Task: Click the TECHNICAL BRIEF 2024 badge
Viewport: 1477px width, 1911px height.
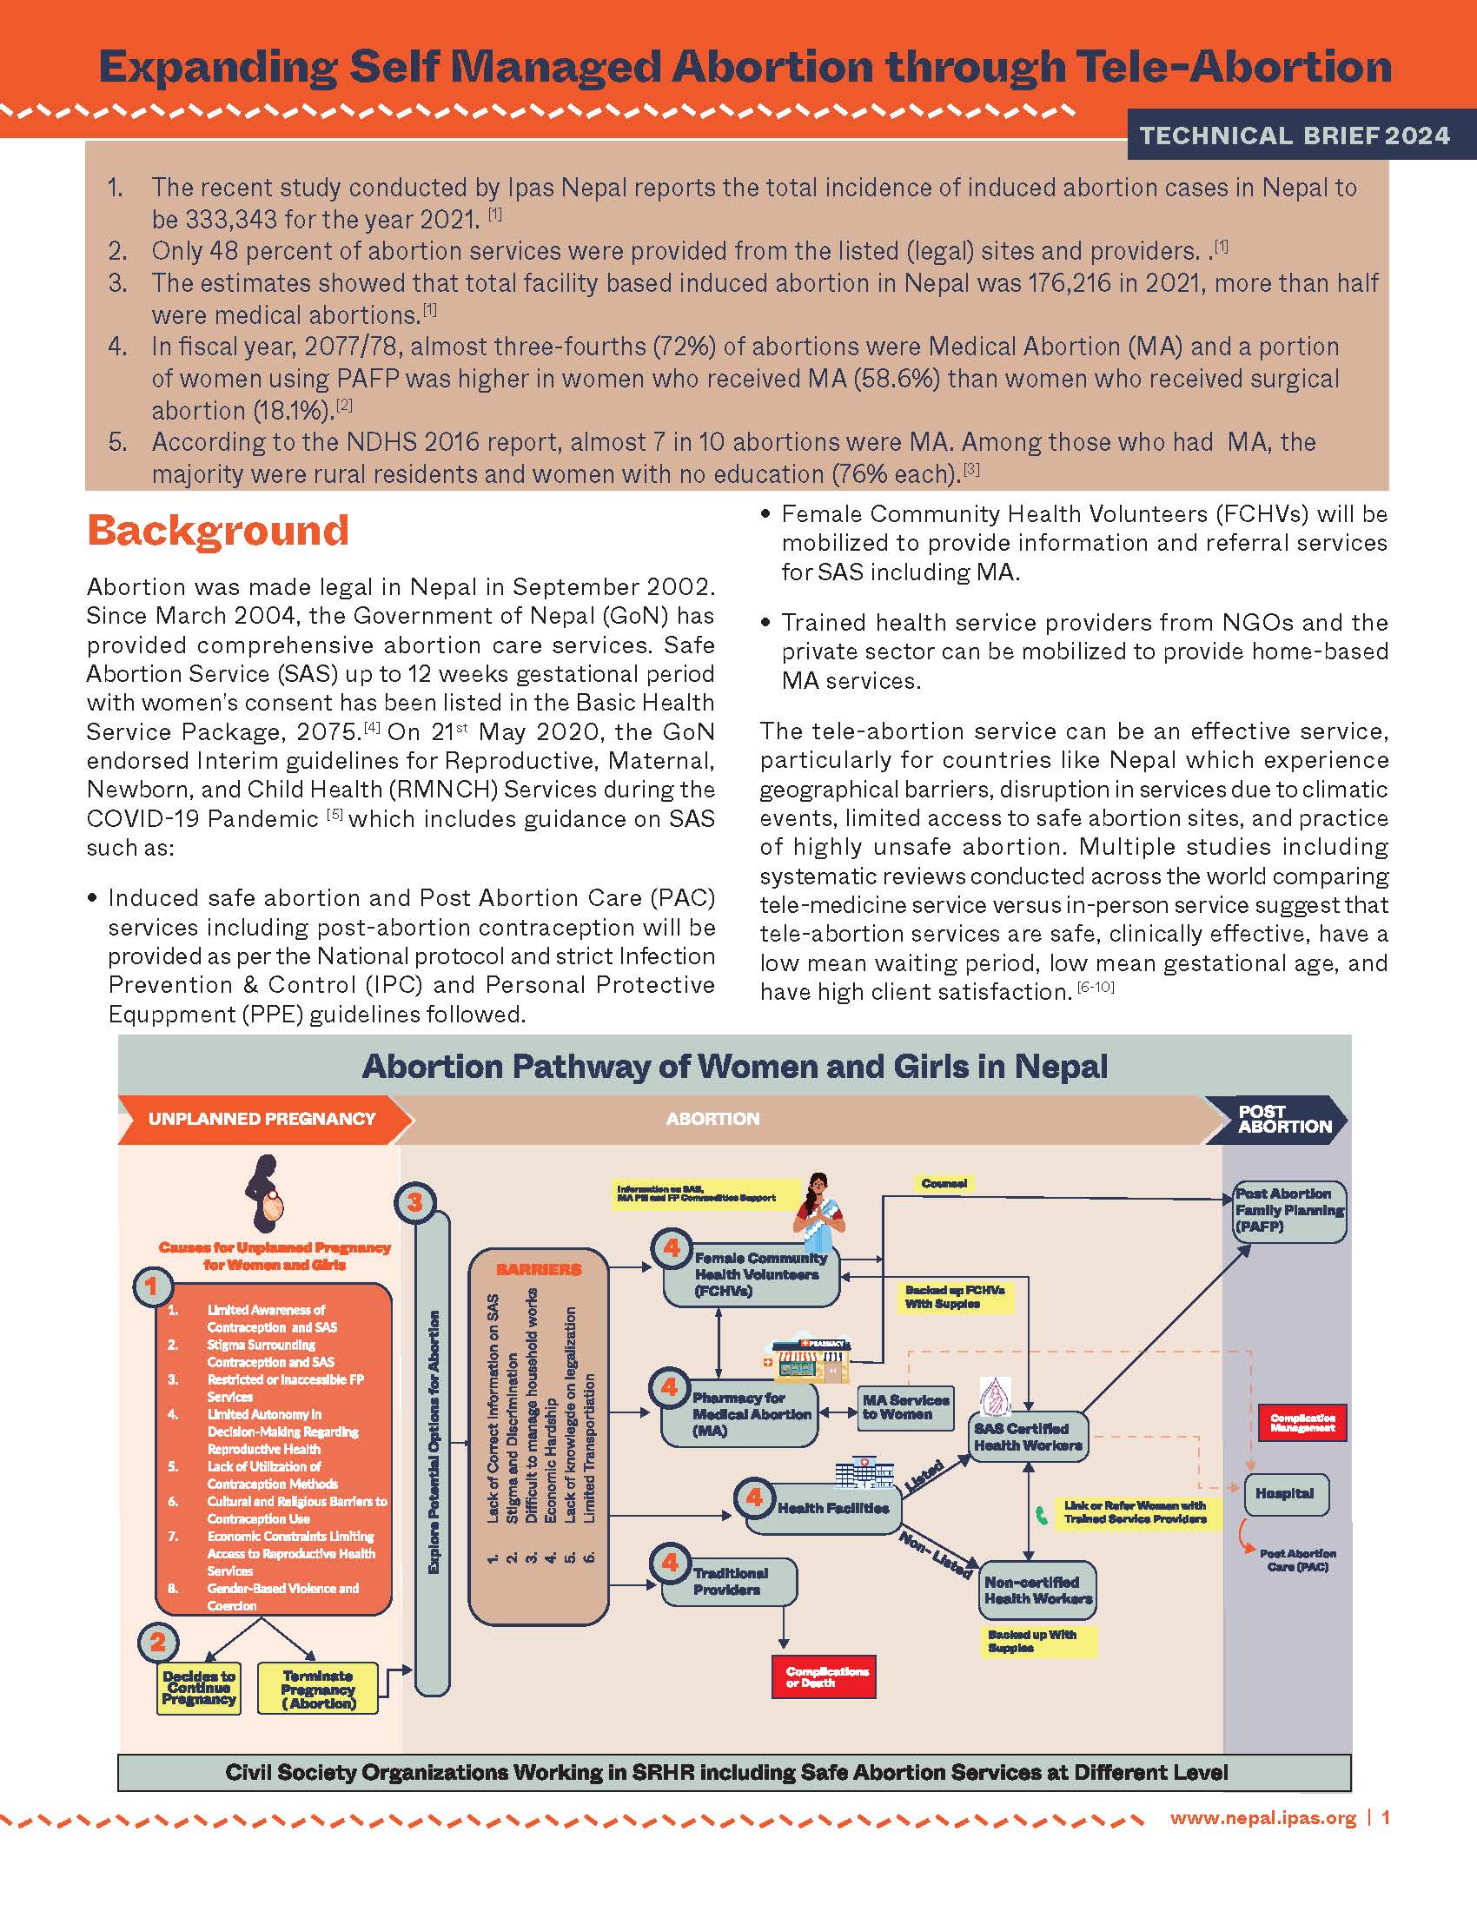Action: (x=1295, y=136)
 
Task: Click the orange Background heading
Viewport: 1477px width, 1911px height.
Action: (x=218, y=530)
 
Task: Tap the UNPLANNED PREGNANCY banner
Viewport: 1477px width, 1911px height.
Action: (x=262, y=1119)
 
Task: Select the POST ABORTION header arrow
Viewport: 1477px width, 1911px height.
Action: (x=1278, y=1119)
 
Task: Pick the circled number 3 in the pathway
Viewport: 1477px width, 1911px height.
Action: (x=414, y=1203)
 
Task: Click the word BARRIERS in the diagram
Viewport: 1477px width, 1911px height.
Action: (x=538, y=1270)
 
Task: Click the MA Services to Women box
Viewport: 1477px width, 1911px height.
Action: (x=904, y=1407)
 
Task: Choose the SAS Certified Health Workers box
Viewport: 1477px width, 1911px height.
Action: (x=1028, y=1437)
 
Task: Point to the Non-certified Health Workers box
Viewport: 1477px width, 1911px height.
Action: (x=1037, y=1590)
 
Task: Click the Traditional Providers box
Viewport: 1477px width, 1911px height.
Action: (x=730, y=1581)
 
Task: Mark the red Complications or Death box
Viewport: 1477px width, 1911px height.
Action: (x=824, y=1676)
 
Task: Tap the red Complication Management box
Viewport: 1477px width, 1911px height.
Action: (x=1302, y=1423)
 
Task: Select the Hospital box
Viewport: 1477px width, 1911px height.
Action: (x=1285, y=1494)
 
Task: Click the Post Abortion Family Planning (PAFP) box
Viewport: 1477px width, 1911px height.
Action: (x=1288, y=1211)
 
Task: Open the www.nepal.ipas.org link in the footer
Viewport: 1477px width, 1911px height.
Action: (x=1262, y=1818)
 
